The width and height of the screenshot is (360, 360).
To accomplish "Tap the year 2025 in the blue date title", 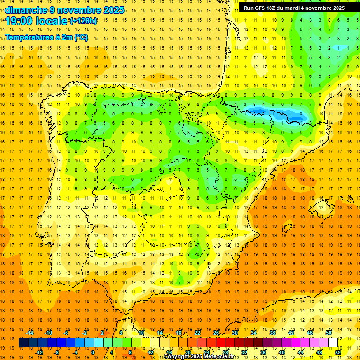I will (113, 10).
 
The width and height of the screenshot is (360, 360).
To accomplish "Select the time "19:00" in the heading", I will (19, 21).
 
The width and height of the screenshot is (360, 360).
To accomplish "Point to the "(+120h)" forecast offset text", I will (83, 21).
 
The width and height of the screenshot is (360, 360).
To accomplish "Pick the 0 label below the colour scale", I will (93, 352).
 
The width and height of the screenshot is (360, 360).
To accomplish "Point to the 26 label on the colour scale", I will (216, 333).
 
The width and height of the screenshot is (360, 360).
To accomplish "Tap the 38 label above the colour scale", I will (272, 333).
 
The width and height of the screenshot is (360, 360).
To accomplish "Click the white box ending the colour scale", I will (333, 343).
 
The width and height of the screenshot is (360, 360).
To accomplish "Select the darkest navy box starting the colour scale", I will (23, 343).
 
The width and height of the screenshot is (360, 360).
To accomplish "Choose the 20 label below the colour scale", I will (188, 352).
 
